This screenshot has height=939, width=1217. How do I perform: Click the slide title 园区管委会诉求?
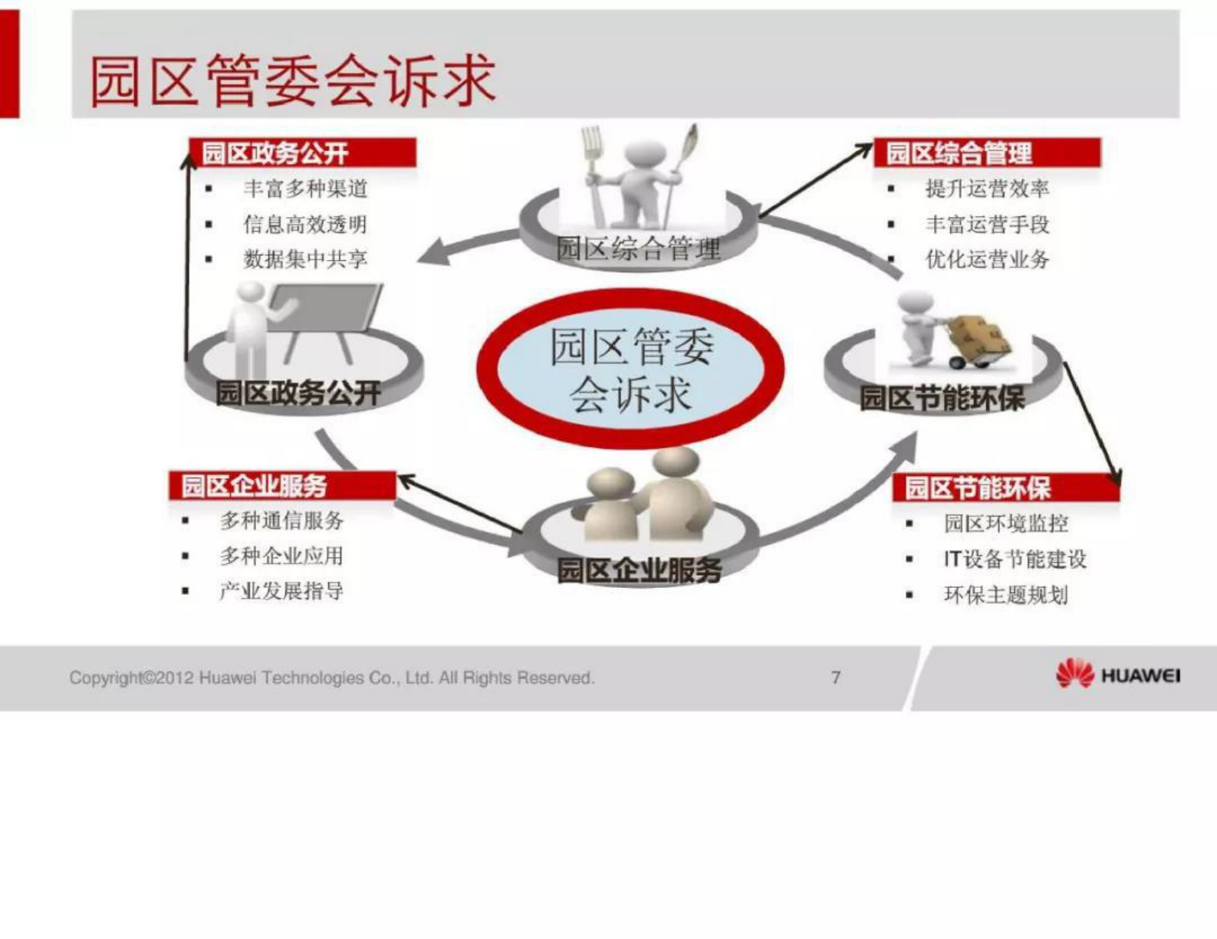(x=292, y=80)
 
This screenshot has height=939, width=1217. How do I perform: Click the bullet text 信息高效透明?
(x=305, y=224)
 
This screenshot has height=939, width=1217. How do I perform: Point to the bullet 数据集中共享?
(x=305, y=259)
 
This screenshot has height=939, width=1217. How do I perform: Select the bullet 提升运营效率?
(x=987, y=189)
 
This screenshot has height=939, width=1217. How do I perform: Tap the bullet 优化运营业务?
(x=987, y=259)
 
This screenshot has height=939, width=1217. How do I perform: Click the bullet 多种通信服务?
(x=281, y=520)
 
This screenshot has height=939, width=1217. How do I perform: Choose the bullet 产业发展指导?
(x=281, y=591)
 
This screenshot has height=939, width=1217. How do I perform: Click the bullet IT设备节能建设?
(x=1015, y=559)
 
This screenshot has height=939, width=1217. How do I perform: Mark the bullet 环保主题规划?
(x=1005, y=594)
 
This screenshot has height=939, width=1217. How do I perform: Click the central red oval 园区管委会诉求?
(x=630, y=369)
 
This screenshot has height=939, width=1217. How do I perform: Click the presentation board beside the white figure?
(x=326, y=307)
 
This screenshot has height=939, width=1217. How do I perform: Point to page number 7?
(x=836, y=677)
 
